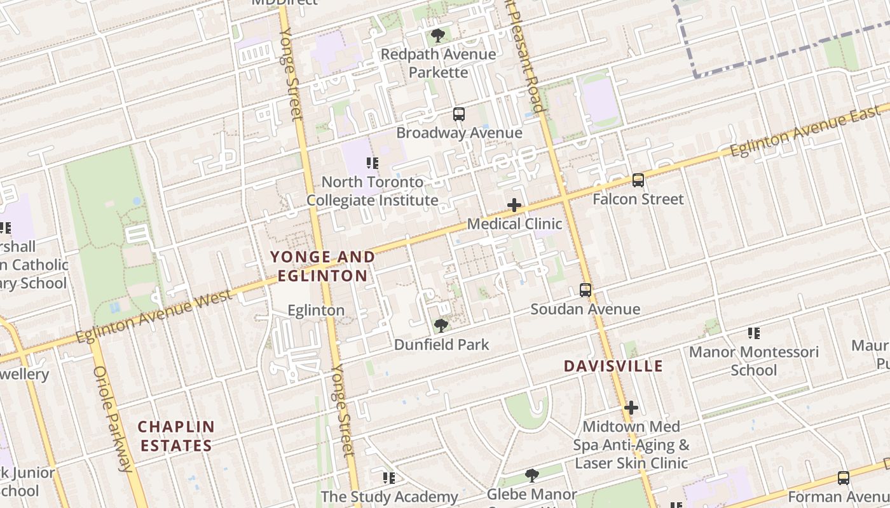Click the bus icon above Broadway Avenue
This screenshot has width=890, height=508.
(x=459, y=114)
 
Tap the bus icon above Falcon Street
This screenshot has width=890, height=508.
(x=638, y=180)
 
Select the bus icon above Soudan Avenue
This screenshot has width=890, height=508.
(x=585, y=290)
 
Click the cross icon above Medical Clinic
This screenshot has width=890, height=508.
(x=514, y=205)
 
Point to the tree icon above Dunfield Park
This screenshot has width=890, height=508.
(x=441, y=326)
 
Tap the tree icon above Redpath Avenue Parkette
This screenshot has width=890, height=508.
(x=437, y=36)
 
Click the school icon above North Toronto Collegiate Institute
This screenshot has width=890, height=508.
(x=373, y=163)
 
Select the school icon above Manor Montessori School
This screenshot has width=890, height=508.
(x=754, y=333)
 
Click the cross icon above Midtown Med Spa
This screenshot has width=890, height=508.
(x=631, y=407)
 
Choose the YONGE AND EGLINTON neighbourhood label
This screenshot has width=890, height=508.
(x=322, y=266)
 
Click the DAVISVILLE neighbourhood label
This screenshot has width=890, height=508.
(x=613, y=366)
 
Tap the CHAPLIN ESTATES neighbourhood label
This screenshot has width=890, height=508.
(x=176, y=436)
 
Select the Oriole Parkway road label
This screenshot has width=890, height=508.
(x=113, y=419)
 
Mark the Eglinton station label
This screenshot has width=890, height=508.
(x=316, y=311)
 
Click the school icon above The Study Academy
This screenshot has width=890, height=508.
(x=388, y=478)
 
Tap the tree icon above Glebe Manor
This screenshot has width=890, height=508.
(x=532, y=475)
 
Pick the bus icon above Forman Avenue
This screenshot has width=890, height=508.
(x=844, y=478)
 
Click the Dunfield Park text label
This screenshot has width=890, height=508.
(x=442, y=345)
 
